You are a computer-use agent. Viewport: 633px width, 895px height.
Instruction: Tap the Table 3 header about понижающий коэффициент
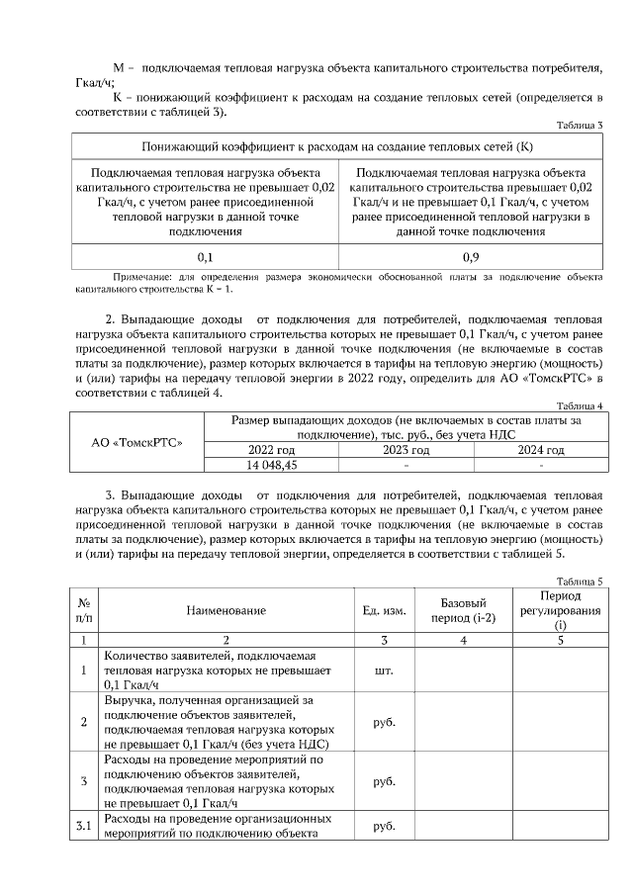pos(338,147)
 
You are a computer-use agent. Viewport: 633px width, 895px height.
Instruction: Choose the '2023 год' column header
pos(407,450)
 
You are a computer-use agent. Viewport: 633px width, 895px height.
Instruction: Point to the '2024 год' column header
pos(540,450)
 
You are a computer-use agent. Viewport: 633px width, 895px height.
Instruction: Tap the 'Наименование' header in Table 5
pos(226,610)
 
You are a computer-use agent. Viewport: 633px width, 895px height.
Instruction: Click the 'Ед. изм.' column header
pos(383,610)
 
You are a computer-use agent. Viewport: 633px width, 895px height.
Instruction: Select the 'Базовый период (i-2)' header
pos(462,610)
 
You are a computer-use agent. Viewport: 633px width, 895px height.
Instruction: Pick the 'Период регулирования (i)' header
pos(560,610)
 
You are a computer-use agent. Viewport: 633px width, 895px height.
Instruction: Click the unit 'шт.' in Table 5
pos(383,671)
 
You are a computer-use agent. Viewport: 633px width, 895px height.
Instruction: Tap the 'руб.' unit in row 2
pos(383,722)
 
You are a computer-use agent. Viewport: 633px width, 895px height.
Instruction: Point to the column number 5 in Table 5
pos(560,640)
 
